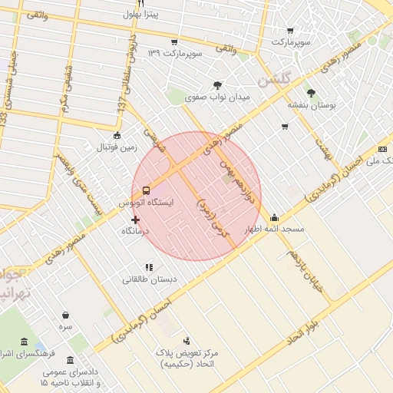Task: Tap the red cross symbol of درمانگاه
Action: (136, 219)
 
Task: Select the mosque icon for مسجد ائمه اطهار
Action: (275, 217)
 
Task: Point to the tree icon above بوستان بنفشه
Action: (311, 91)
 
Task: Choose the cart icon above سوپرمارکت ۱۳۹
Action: (174, 41)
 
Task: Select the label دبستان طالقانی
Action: (149, 279)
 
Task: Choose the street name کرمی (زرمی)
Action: (213, 217)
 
